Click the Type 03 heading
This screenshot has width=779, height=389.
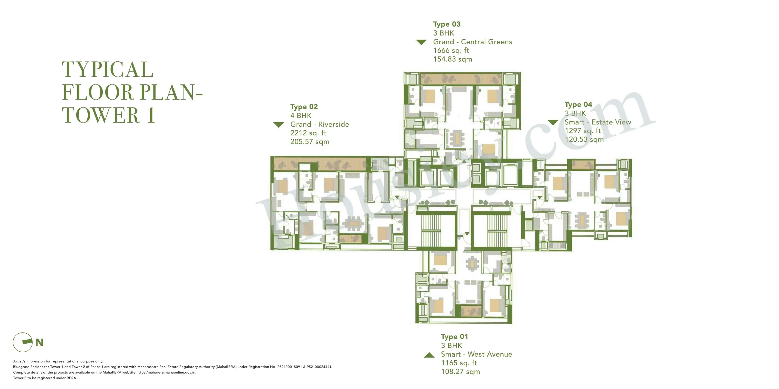(x=447, y=24)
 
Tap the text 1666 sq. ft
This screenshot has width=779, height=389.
(x=451, y=50)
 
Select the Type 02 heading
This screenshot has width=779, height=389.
(x=304, y=107)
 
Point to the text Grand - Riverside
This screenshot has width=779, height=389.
(x=319, y=124)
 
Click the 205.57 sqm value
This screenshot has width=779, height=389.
(x=310, y=142)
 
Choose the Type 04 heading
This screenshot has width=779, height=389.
(x=578, y=105)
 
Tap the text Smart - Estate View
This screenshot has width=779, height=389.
(x=598, y=122)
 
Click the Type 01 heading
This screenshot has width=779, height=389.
(x=454, y=337)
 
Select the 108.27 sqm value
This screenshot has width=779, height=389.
(x=460, y=372)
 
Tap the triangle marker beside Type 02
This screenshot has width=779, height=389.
(x=278, y=124)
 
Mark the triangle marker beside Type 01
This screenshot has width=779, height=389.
(x=429, y=355)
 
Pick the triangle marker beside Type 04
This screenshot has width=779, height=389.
(x=552, y=122)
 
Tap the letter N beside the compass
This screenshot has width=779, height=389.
(x=39, y=342)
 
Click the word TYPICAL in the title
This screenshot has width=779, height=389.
(x=108, y=69)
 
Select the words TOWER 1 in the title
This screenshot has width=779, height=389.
(x=108, y=115)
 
